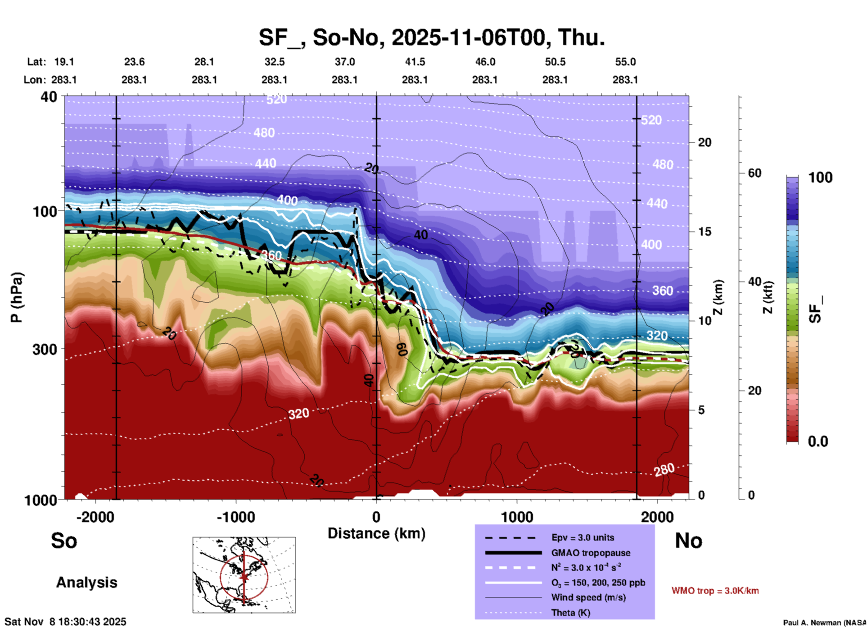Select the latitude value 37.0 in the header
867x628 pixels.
pos(344,62)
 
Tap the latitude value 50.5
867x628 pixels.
pos(555,62)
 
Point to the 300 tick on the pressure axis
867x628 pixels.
pos(45,349)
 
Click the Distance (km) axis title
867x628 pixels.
pos(376,533)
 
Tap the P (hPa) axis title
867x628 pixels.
pos(17,297)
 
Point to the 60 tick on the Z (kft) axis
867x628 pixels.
pos(754,173)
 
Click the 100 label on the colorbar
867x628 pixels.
pos(820,177)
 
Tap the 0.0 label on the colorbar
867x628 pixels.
pos(818,441)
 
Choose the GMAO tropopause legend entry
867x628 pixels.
pos(591,553)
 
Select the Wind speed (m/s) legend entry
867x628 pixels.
pos(583,597)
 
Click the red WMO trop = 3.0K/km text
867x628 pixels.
pos(715,591)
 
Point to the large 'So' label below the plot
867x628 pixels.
pos(64,541)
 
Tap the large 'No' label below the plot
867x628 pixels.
pos(688,541)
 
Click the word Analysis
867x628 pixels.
pos(86,582)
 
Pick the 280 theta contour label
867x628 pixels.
pos(664,470)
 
